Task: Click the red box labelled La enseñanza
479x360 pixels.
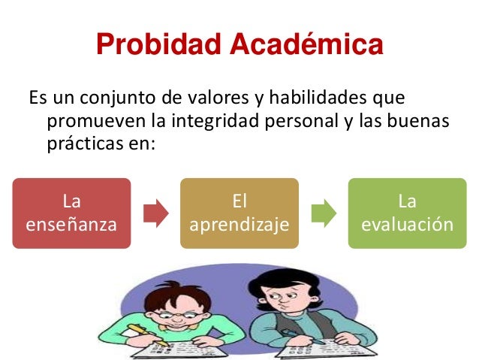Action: [x=71, y=213]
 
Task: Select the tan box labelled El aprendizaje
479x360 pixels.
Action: [x=239, y=213]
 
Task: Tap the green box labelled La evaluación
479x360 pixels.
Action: [x=407, y=213]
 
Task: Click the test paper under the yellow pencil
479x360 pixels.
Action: [x=143, y=348]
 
